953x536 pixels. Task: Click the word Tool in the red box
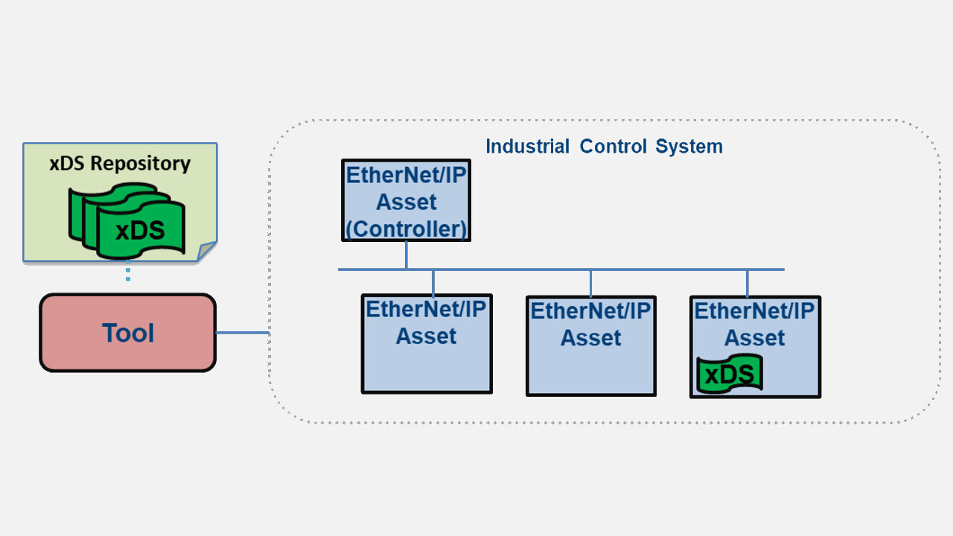(128, 333)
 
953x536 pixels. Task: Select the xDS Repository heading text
(120, 163)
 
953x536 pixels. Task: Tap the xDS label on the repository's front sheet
(140, 231)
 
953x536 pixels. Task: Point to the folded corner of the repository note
(206, 252)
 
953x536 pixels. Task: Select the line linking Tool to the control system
(242, 333)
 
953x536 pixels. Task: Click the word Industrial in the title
(528, 146)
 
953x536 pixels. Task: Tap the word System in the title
(689, 146)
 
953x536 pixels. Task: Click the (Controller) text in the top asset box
(407, 229)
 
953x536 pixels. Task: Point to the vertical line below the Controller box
(407, 255)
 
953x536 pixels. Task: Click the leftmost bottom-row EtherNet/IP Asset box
(427, 365)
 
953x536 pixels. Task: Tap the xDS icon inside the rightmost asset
(730, 374)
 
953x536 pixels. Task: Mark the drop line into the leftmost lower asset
(433, 282)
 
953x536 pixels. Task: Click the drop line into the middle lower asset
(591, 283)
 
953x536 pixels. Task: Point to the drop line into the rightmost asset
(748, 283)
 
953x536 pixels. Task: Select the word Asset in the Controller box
(407, 202)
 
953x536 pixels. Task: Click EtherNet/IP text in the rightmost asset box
(755, 310)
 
